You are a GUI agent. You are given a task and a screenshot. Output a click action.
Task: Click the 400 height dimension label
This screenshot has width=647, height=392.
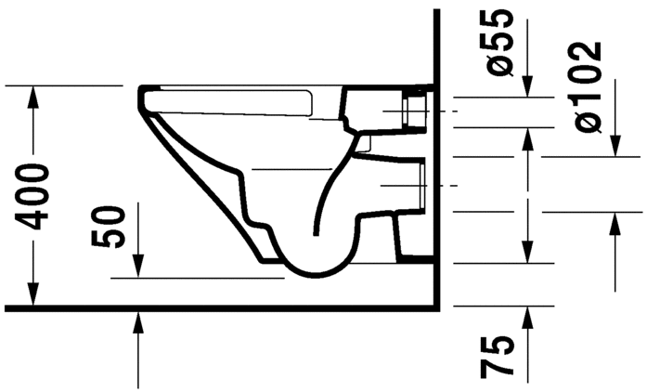pos(34,196)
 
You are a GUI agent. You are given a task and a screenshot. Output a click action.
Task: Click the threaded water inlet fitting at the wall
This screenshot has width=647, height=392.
pos(415,111)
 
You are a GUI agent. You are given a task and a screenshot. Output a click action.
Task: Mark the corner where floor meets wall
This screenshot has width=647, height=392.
pos(436,307)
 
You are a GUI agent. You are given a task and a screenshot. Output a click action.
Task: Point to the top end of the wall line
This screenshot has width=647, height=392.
pos(436,11)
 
